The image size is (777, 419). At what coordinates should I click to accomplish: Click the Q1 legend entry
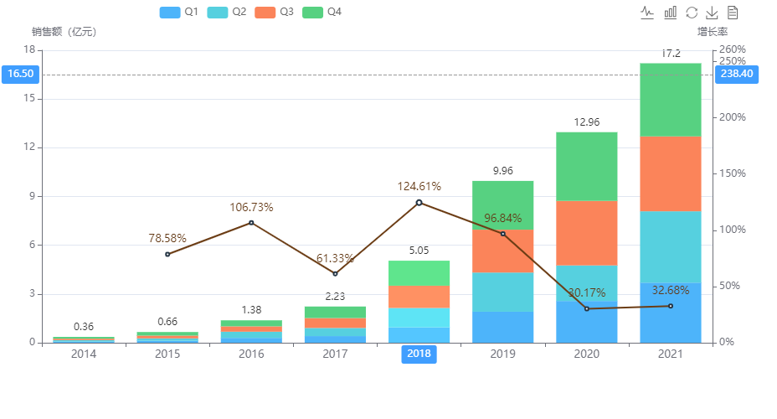178,12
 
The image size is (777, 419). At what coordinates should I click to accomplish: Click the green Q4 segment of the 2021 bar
670,100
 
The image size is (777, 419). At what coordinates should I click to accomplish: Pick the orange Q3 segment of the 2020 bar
586,233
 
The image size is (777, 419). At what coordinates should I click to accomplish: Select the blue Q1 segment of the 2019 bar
502,327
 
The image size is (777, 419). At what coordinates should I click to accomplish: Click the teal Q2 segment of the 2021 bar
670,246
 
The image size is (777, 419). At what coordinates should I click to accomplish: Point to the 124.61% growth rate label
419,186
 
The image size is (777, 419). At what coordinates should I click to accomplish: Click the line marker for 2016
251,222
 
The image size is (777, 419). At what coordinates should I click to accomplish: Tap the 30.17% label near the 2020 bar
586,292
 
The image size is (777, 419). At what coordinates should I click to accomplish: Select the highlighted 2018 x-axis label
419,354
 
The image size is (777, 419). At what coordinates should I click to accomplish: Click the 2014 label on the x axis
83,354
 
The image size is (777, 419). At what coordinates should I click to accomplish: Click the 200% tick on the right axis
733,117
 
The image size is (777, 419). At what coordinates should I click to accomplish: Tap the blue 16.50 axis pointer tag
20,74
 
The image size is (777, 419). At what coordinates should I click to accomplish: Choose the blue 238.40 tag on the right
737,74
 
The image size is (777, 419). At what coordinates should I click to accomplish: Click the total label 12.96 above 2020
586,122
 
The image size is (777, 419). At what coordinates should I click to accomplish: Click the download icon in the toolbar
712,12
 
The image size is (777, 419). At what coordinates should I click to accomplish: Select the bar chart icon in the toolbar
670,12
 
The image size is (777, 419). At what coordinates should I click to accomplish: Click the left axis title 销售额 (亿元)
64,32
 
